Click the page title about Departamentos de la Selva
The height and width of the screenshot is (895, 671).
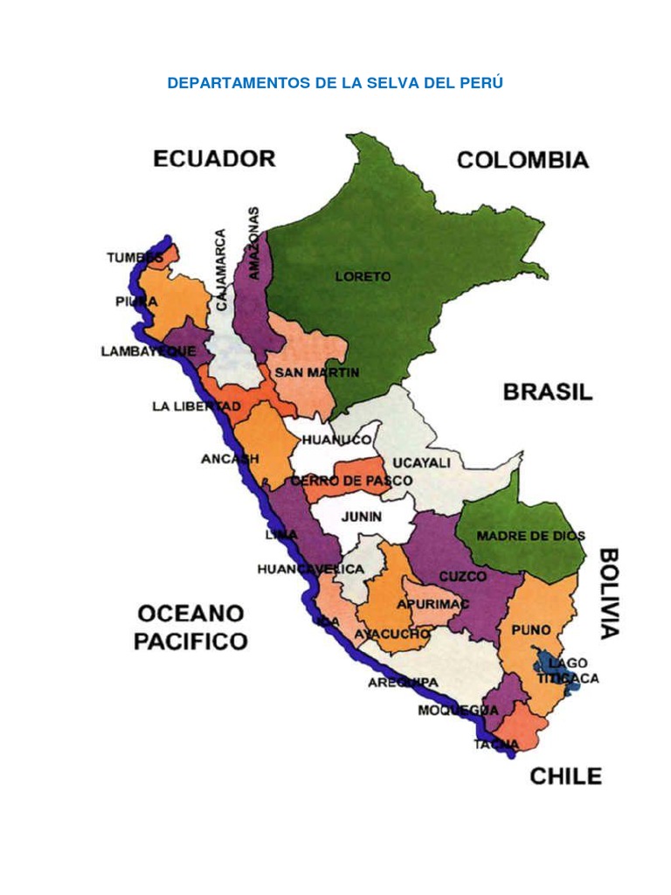(x=335, y=83)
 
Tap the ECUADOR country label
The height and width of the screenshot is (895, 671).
(x=214, y=158)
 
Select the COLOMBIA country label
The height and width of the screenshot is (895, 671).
(x=522, y=159)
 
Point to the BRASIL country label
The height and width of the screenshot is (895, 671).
(x=547, y=392)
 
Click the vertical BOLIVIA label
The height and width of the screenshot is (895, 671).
(x=609, y=593)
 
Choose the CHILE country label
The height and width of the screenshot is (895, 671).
(x=566, y=775)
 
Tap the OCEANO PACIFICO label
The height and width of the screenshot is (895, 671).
(x=190, y=627)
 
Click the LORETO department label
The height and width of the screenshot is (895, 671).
(x=363, y=276)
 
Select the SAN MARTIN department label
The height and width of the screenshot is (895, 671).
(x=316, y=372)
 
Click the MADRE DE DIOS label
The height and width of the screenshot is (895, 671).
(x=530, y=536)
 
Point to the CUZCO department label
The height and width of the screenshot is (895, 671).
(x=462, y=576)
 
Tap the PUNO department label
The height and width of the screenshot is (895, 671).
(x=531, y=629)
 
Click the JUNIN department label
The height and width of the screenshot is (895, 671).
(x=361, y=517)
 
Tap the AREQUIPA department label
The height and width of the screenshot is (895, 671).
(x=403, y=682)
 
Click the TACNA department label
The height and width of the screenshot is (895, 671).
(x=496, y=744)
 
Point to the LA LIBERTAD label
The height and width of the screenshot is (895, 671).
(x=196, y=406)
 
